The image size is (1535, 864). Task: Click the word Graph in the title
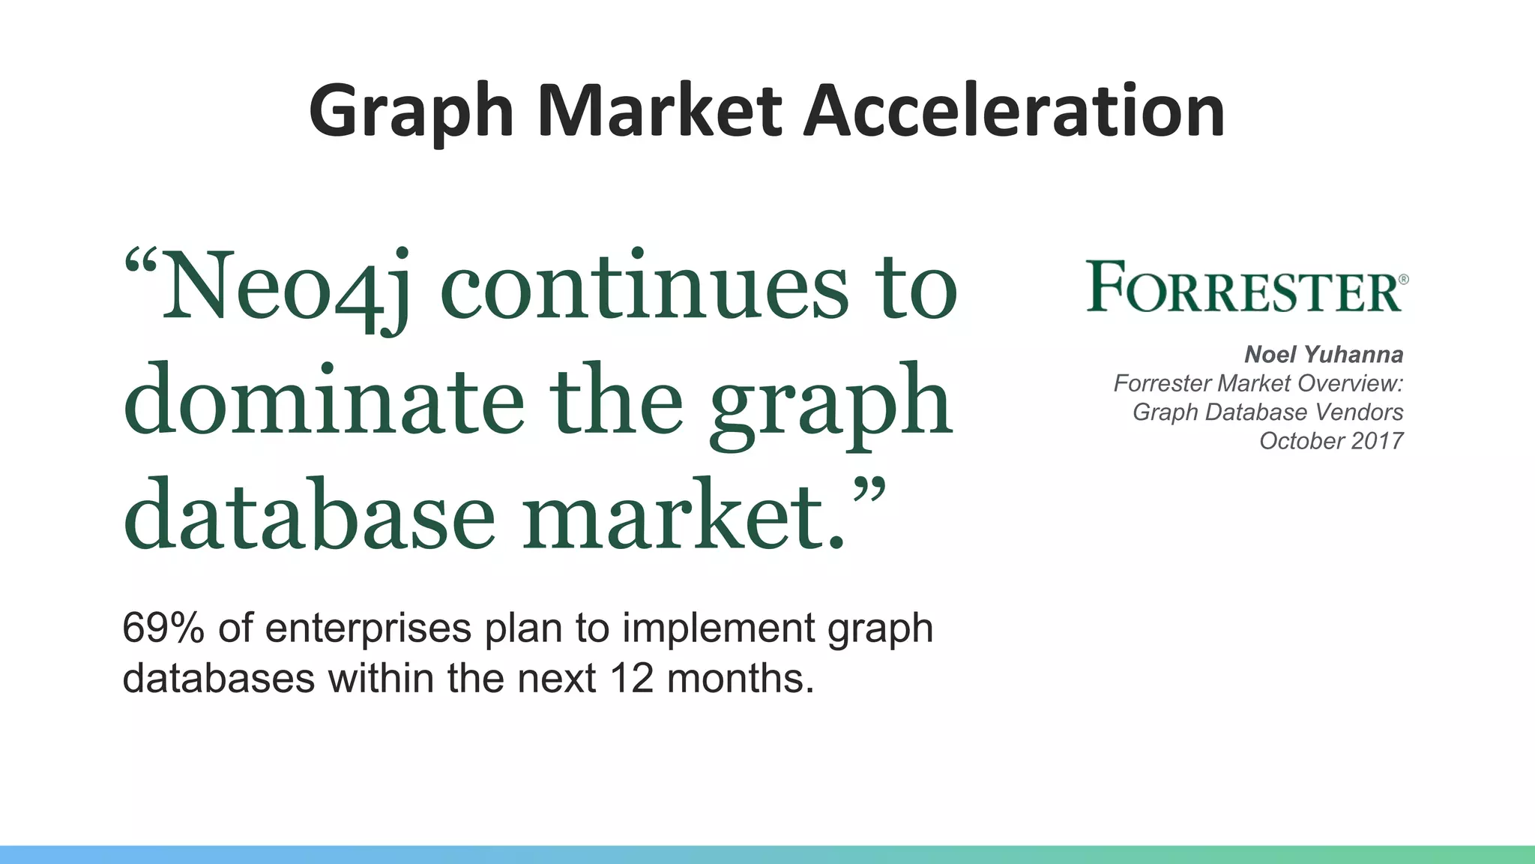[x=411, y=112]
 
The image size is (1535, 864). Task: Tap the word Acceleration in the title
[x=1013, y=111]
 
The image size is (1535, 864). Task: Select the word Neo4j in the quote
[x=288, y=289]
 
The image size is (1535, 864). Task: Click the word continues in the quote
[x=645, y=288]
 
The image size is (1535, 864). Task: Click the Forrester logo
[x=1244, y=286]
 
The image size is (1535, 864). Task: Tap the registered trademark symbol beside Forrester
[x=1403, y=279]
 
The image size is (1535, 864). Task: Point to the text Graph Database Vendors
[x=1267, y=412]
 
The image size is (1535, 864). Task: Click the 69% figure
[x=162, y=628]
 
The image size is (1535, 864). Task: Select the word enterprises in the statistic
[x=368, y=628]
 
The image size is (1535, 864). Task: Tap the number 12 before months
[x=633, y=678]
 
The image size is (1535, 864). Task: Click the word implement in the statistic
[x=718, y=628]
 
